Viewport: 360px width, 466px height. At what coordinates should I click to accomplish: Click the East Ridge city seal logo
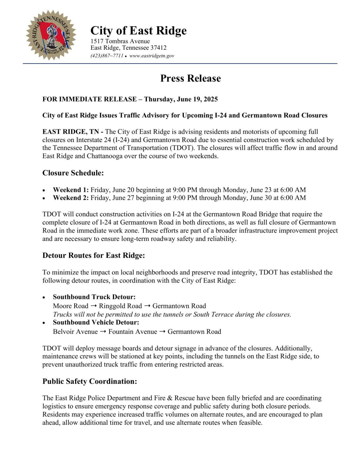(x=51, y=35)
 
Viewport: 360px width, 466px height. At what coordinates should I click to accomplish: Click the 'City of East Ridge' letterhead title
(x=138, y=30)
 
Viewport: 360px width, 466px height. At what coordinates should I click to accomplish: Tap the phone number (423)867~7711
(x=107, y=56)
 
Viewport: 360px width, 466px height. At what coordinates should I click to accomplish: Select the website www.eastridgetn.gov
(x=152, y=56)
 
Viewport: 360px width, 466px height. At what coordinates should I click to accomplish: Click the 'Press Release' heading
(x=190, y=78)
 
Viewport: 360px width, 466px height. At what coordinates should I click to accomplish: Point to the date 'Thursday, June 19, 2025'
(x=181, y=99)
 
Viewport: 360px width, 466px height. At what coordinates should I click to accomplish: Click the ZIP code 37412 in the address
(x=159, y=48)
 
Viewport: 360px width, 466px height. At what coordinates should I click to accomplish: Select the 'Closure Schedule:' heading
(x=73, y=173)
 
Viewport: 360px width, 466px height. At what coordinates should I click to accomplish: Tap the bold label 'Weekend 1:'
(x=71, y=190)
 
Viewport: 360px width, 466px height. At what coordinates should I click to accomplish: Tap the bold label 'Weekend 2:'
(x=71, y=198)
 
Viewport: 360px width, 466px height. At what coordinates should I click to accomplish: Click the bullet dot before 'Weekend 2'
(x=44, y=198)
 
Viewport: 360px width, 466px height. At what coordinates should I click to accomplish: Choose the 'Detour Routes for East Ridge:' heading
(x=94, y=255)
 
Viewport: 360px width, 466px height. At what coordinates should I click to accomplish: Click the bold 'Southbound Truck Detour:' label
(x=94, y=297)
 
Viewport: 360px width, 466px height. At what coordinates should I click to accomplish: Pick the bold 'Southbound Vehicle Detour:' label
(x=96, y=322)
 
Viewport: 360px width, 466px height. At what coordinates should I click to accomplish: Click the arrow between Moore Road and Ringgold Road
(x=94, y=306)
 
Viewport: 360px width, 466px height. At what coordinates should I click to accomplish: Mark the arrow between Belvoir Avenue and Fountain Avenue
(x=103, y=332)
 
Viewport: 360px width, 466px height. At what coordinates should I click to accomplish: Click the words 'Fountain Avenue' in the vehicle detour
(x=133, y=332)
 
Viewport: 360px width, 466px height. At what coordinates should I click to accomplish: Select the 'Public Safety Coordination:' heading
(x=90, y=381)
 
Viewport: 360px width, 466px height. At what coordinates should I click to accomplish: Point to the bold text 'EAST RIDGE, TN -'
(x=73, y=132)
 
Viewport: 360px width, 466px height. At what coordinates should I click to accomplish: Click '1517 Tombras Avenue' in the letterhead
(x=120, y=41)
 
